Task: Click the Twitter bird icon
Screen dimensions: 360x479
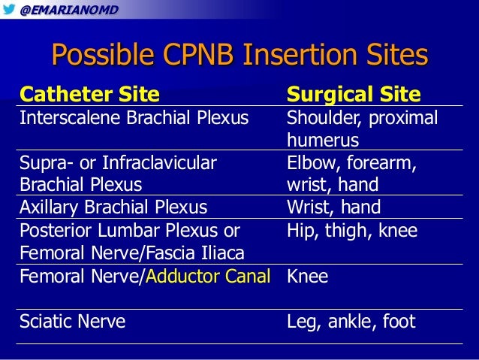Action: [8, 8]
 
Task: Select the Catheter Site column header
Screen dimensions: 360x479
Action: [89, 95]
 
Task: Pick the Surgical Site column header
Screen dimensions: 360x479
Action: [354, 95]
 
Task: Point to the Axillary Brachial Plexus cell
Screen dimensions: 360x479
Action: [113, 207]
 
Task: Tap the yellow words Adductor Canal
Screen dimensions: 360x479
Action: [208, 276]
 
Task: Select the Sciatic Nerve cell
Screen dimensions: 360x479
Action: [72, 322]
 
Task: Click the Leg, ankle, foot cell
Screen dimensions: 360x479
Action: [351, 322]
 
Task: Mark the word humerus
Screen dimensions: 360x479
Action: [323, 141]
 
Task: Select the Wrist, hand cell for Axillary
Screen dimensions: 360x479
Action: [333, 207]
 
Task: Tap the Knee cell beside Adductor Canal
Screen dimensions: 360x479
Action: [308, 276]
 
